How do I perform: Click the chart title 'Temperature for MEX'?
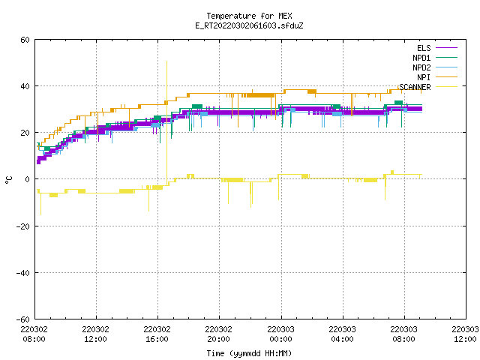pyautogui.click(x=249, y=16)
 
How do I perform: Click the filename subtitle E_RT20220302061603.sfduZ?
pyautogui.click(x=249, y=25)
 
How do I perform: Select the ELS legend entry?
pyautogui.click(x=437, y=48)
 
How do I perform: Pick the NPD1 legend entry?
pyautogui.click(x=435, y=58)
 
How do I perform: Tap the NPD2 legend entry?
pyautogui.click(x=435, y=67)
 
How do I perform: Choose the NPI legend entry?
pyautogui.click(x=437, y=77)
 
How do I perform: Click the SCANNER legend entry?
pyautogui.click(x=428, y=87)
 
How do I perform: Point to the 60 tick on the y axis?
pyautogui.click(x=25, y=40)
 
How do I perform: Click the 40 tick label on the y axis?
pyautogui.click(x=25, y=86)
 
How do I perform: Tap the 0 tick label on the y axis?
pyautogui.click(x=27, y=179)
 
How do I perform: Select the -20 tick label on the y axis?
pyautogui.click(x=23, y=226)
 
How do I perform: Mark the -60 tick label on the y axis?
pyautogui.click(x=23, y=319)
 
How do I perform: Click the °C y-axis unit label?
pyautogui.click(x=8, y=180)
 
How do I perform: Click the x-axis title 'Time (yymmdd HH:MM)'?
pyautogui.click(x=249, y=353)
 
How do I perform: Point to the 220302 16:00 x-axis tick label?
pyautogui.click(x=157, y=334)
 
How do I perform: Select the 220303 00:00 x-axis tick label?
pyautogui.click(x=280, y=334)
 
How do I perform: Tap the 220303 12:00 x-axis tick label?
pyautogui.click(x=465, y=334)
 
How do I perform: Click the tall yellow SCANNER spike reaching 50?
pyautogui.click(x=166, y=122)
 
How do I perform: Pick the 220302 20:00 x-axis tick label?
pyautogui.click(x=218, y=334)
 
